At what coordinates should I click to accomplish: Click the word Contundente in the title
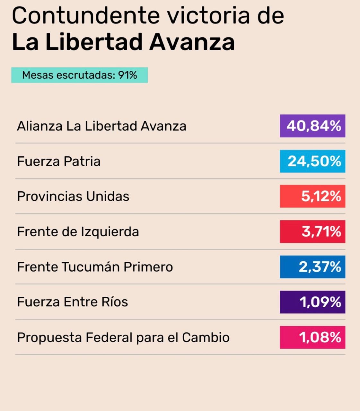[85, 15]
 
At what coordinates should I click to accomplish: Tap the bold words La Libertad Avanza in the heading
[123, 42]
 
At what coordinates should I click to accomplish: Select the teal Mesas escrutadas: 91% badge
[79, 75]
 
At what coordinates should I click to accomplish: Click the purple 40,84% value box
[312, 126]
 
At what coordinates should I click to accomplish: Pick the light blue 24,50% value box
[312, 161]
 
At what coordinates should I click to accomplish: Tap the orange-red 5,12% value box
[312, 196]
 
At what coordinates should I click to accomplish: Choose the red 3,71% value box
[312, 232]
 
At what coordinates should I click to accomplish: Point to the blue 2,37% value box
[312, 267]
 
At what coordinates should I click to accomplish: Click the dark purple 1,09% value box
[312, 302]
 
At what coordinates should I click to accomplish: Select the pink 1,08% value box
[312, 337]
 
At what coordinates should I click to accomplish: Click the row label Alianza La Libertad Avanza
[101, 126]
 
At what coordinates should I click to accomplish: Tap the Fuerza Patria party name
[58, 161]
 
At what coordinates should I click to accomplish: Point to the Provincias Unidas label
[73, 196]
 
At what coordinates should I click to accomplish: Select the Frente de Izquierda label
[78, 232]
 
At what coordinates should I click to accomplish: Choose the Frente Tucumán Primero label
[95, 267]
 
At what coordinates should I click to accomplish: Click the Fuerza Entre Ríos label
[72, 302]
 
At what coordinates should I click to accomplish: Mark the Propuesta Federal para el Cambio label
[123, 337]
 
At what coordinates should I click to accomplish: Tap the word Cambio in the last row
[206, 337]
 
